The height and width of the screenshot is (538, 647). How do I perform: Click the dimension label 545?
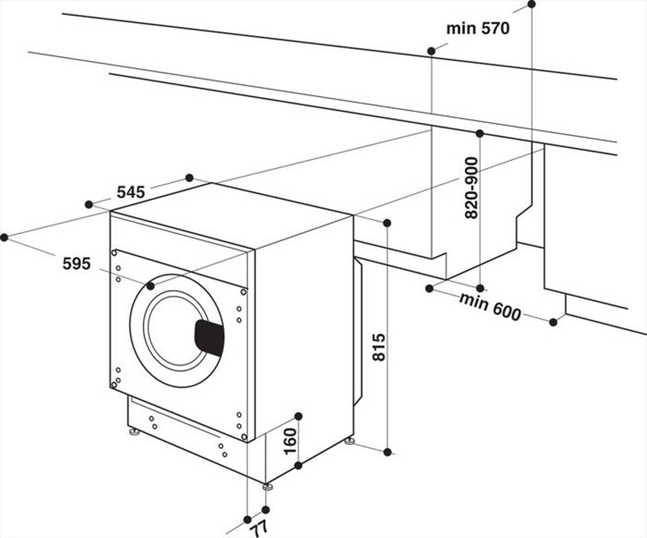(x=131, y=192)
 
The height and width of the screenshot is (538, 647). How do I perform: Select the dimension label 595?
(x=76, y=263)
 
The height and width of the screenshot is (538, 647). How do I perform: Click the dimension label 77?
(x=259, y=528)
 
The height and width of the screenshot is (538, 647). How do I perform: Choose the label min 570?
(x=478, y=28)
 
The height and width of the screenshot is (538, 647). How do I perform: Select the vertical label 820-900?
(x=472, y=188)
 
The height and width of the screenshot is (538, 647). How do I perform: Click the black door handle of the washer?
(x=209, y=337)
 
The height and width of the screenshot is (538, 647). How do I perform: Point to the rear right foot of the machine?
(x=349, y=440)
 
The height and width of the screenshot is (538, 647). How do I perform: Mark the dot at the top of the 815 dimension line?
(x=387, y=223)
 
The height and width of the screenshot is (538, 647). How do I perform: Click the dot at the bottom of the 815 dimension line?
(x=387, y=451)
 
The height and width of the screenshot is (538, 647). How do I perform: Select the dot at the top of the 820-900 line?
(x=479, y=133)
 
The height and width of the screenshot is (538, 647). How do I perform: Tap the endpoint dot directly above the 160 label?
(x=298, y=416)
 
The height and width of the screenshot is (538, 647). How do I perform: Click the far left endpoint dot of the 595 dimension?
(x=4, y=238)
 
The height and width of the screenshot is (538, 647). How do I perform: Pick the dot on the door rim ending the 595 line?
(x=150, y=286)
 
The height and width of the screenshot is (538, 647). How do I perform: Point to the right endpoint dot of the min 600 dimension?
(x=553, y=322)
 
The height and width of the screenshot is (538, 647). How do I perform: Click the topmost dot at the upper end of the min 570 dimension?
(x=531, y=4)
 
